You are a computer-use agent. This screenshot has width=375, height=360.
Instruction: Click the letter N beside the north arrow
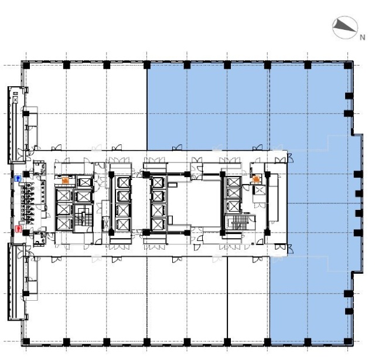(x=362, y=36)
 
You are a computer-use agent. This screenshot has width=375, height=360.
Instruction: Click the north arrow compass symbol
(x=344, y=26)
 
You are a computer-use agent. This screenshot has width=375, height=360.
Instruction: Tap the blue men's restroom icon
(x=18, y=177)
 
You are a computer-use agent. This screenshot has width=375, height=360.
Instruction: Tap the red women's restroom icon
(x=18, y=228)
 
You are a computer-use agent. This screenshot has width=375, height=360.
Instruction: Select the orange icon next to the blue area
(x=256, y=179)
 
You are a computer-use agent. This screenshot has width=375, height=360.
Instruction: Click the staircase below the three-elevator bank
(x=238, y=222)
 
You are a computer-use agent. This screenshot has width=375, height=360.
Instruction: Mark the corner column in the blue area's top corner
(x=348, y=63)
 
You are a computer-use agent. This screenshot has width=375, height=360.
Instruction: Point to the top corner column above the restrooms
(x=26, y=63)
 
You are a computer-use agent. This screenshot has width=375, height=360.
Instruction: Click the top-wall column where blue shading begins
(x=146, y=63)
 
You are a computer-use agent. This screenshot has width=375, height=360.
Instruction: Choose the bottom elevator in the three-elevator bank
(x=233, y=206)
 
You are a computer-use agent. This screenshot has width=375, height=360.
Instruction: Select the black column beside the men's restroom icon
(x=26, y=174)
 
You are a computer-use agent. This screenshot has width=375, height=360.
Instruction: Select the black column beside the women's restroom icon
(x=26, y=232)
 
